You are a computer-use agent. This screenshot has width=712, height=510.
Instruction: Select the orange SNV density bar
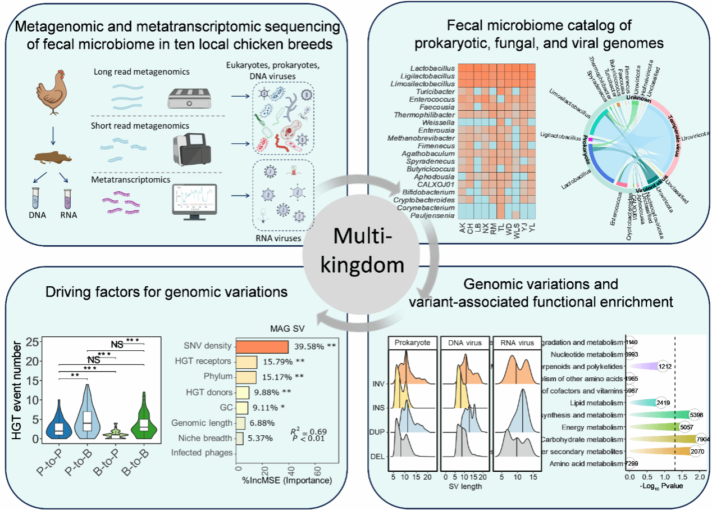coord(262,347)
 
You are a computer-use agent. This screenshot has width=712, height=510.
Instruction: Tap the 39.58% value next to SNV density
coord(311,347)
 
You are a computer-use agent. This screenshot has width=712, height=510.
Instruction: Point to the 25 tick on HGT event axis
coord(35,341)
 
